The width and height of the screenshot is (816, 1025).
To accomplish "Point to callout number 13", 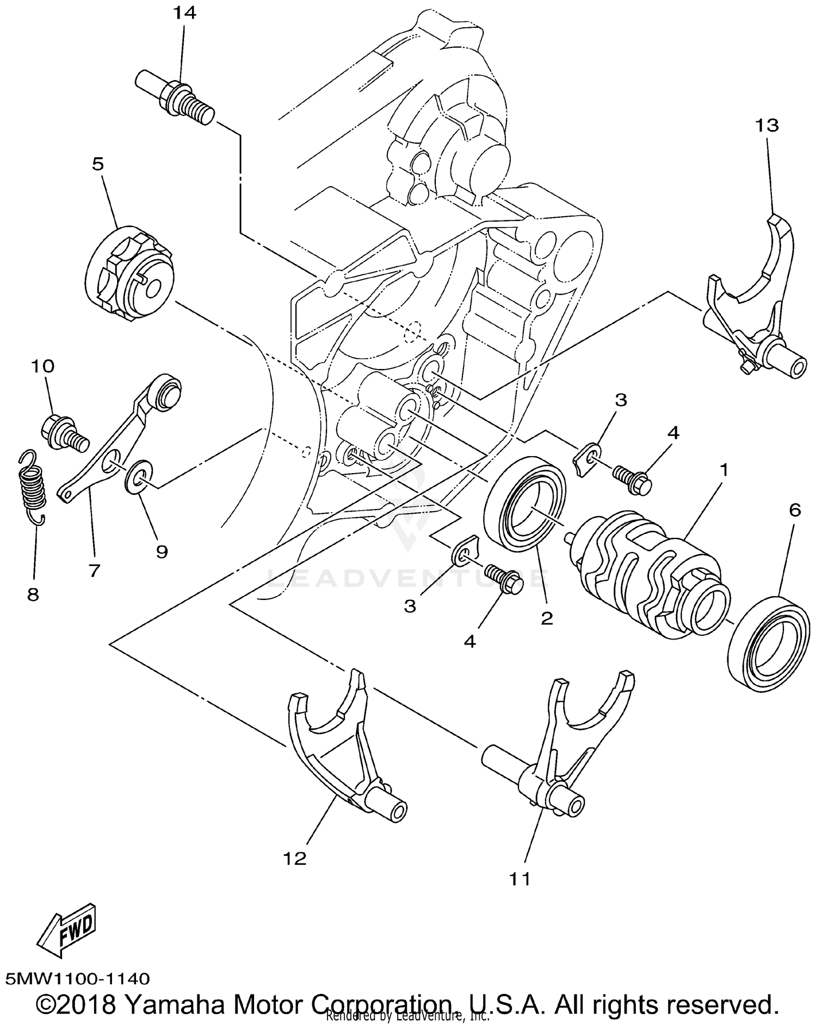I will point(767,126).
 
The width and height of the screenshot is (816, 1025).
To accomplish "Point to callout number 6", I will point(795,511).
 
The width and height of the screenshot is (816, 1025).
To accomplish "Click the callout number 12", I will point(294,859).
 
